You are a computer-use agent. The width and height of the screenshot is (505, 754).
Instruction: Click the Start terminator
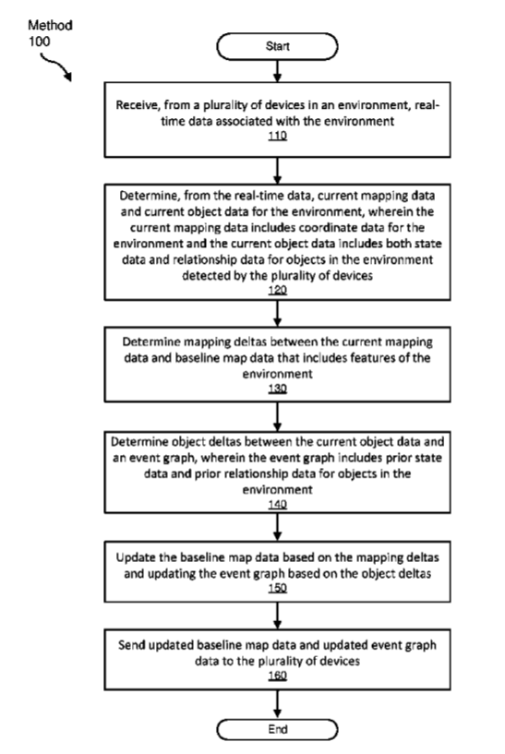277,46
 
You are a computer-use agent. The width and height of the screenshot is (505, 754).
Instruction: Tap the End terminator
277,729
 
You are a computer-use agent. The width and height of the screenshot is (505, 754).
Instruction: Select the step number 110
278,136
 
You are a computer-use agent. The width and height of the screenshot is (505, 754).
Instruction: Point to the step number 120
278,290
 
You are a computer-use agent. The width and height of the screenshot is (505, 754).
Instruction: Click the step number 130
278,389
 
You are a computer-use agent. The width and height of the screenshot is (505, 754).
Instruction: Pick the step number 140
278,504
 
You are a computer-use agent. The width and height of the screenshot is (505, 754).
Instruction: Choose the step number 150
278,588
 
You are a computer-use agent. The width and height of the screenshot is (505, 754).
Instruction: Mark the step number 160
278,676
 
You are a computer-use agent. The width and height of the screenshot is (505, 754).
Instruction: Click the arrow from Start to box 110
278,71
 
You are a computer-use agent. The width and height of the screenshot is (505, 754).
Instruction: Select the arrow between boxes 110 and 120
278,170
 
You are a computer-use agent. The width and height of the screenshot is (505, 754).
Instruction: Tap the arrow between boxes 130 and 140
278,416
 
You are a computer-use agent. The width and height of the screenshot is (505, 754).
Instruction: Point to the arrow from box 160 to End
278,704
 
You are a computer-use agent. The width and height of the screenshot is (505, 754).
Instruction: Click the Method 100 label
50,32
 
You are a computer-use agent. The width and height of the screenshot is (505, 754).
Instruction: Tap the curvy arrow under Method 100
55,66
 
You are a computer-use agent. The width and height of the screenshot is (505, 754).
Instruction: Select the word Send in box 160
131,645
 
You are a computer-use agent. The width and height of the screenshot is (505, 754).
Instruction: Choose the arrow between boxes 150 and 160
278,616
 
